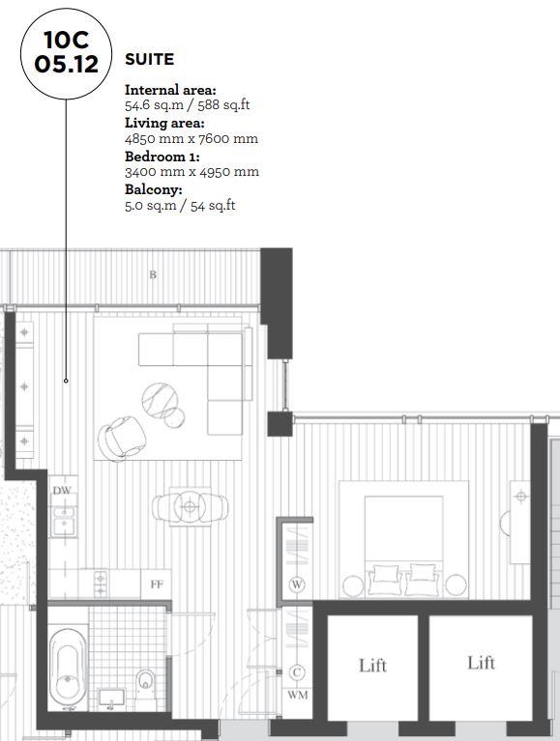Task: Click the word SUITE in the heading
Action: click(149, 60)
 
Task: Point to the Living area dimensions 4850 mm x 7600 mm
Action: click(191, 138)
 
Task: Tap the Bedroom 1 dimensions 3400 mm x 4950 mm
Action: click(192, 172)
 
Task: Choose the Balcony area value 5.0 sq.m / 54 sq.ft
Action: click(180, 205)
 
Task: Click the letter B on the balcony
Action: click(152, 274)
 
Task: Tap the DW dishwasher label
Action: click(62, 491)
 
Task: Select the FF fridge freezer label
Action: click(156, 584)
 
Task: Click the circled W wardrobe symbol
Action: click(297, 584)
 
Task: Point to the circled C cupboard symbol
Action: click(297, 672)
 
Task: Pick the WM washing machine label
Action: click(297, 695)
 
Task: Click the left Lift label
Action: click(372, 665)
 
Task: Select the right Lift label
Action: click(481, 663)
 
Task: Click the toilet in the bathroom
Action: click(144, 682)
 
